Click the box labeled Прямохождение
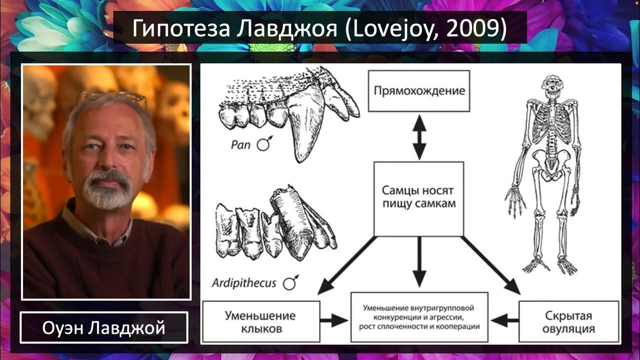coord(418,91)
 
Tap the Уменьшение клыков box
coord(260,322)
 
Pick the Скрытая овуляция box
coord(569,322)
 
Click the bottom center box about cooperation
coord(419,317)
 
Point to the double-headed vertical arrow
coord(419,136)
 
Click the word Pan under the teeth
coord(240,144)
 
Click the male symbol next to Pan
coord(263,144)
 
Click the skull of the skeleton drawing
coord(552,86)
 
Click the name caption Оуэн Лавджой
coord(104,328)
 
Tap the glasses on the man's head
coord(112,96)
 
